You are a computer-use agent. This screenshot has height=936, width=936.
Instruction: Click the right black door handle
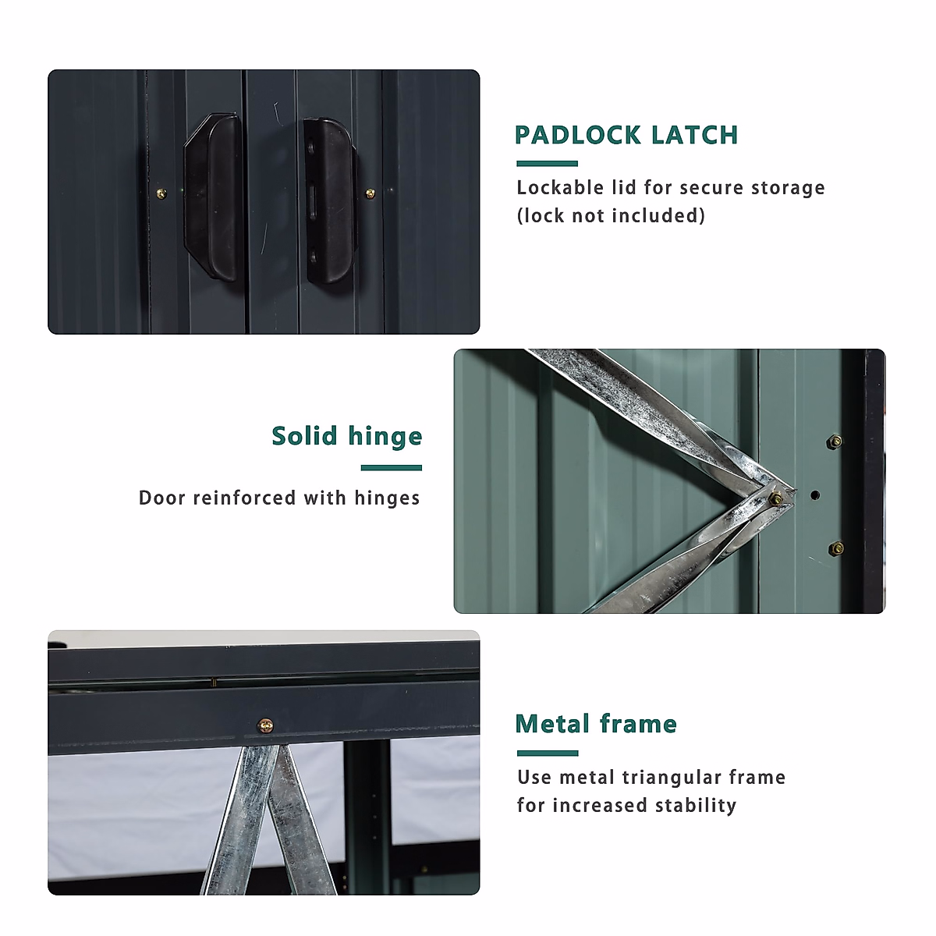(x=331, y=200)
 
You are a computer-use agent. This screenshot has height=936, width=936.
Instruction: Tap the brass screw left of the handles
(x=161, y=193)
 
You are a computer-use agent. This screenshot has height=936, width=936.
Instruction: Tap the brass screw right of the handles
(x=370, y=193)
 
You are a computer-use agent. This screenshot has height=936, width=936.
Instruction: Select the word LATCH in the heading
(x=695, y=135)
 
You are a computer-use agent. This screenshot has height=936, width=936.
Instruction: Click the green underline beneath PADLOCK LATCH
(x=547, y=164)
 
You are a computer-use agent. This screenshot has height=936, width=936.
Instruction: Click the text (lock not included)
(x=611, y=216)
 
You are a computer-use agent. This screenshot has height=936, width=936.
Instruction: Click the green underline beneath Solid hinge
(x=391, y=468)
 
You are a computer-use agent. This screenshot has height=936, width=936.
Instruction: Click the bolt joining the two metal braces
(x=776, y=498)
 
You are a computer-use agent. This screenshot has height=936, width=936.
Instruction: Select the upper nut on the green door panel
(x=834, y=442)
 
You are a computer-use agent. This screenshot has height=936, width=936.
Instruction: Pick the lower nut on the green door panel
(x=835, y=548)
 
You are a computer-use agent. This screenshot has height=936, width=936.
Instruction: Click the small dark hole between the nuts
(x=815, y=495)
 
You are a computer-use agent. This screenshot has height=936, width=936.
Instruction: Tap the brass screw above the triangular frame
(x=266, y=726)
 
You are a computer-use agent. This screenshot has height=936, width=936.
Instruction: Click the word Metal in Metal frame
(x=551, y=725)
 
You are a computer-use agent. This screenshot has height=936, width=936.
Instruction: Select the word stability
(x=695, y=806)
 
